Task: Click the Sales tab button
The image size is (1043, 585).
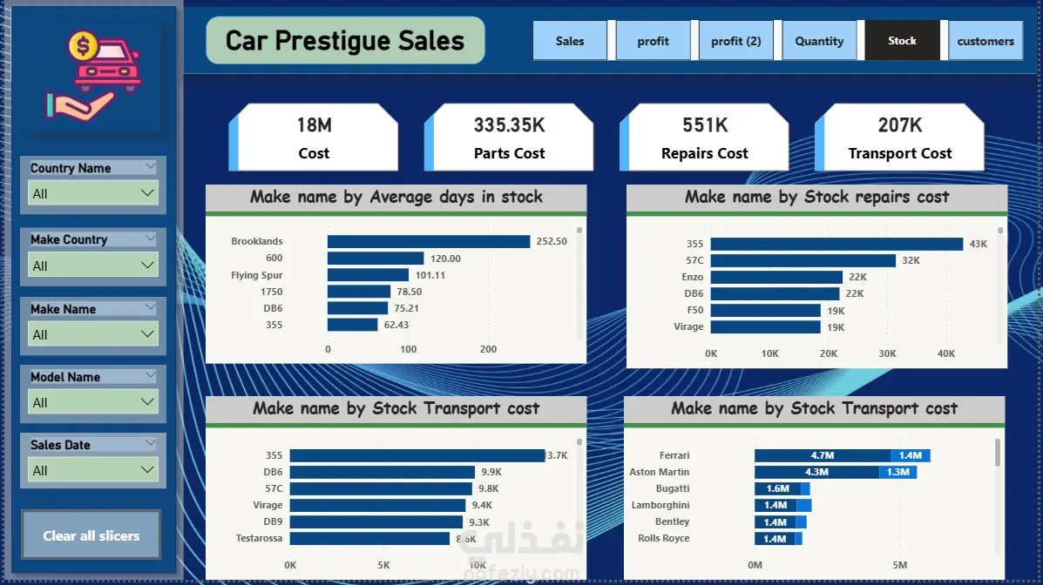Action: (570, 41)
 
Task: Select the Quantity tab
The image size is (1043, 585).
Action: (819, 41)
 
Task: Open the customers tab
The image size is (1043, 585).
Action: (985, 41)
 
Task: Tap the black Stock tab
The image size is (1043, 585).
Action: (902, 41)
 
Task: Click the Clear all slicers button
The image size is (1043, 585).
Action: (91, 535)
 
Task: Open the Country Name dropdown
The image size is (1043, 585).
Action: (93, 193)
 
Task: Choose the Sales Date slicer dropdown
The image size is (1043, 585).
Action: (93, 470)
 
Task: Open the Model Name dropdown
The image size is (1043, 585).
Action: (93, 402)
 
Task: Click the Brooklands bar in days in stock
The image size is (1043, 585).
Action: (428, 241)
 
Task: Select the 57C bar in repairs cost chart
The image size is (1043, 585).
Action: (803, 260)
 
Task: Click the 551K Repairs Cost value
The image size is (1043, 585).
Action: (705, 125)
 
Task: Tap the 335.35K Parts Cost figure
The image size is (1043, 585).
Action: (509, 125)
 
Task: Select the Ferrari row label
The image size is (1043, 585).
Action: (674, 455)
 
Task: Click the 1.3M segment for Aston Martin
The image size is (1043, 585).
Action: (897, 472)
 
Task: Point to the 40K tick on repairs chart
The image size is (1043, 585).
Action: (946, 353)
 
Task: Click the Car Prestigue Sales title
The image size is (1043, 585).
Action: (345, 41)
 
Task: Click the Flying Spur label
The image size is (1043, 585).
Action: (257, 275)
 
